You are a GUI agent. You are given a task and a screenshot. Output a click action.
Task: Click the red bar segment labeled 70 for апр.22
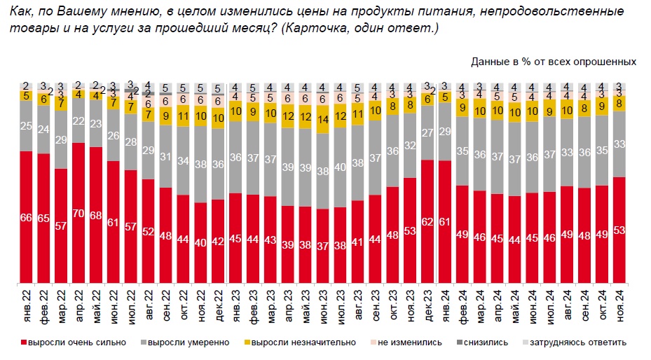point(78,214)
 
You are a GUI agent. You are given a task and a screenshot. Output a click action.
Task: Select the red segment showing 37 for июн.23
point(323,246)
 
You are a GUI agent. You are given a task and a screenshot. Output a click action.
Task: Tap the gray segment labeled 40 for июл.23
point(341,167)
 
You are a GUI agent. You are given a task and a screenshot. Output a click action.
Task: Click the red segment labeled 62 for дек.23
point(427,222)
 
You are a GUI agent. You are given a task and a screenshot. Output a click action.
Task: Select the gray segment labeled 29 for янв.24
point(445,132)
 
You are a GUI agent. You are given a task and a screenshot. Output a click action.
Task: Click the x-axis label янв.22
point(27,306)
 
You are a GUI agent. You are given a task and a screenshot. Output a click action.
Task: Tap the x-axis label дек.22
point(219,306)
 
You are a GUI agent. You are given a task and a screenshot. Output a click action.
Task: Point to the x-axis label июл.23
point(341,306)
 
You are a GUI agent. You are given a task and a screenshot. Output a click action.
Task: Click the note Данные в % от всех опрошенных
point(554,62)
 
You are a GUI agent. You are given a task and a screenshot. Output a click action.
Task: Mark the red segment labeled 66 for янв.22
point(27,218)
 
